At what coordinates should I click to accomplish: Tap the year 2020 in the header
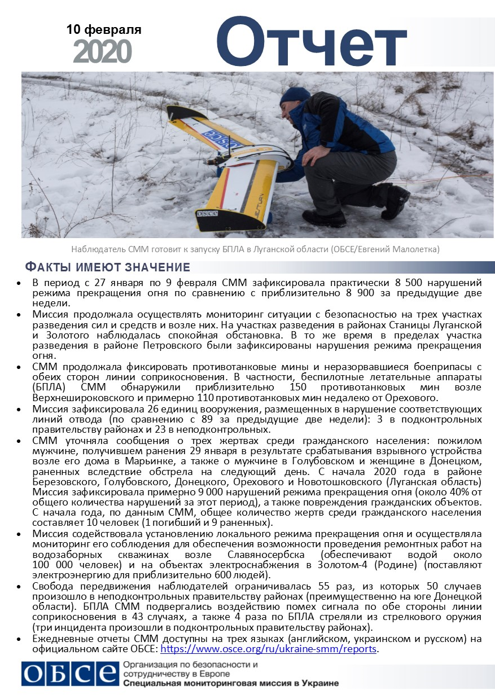(102, 52)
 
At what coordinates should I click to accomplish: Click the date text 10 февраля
(103, 29)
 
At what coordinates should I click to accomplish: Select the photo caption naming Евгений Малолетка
(255, 249)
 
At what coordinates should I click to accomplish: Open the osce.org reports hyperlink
(269, 649)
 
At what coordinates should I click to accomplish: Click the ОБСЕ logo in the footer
(69, 673)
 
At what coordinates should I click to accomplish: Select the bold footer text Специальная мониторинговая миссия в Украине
(230, 683)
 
